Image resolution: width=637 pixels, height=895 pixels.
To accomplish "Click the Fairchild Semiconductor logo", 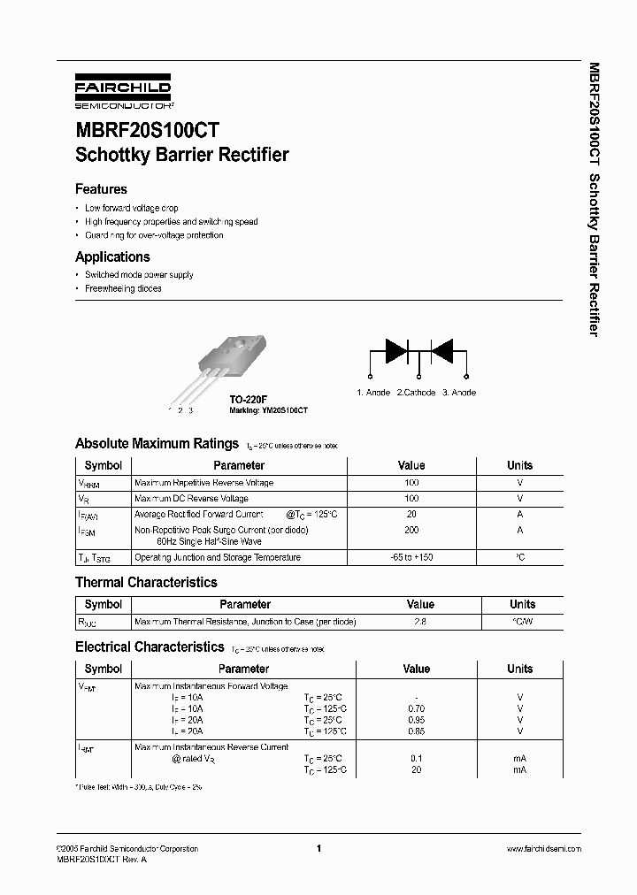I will tap(123, 92).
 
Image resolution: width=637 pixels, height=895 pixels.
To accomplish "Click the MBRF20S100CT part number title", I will tap(147, 129).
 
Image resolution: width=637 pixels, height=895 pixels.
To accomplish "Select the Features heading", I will tap(101, 189).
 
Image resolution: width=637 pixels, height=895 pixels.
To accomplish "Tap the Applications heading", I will tap(112, 257).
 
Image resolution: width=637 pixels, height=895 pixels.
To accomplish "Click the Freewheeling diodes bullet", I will tap(123, 289).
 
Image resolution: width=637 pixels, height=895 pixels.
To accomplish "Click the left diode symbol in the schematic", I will tap(396, 350).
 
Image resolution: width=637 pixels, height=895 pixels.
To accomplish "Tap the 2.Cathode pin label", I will tap(416, 393).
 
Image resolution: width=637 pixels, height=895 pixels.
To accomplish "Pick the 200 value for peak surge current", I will tap(411, 530).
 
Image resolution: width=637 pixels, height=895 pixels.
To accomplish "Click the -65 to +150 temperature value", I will tap(411, 558).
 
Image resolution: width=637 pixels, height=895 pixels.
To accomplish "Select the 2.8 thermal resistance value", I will tap(420, 622).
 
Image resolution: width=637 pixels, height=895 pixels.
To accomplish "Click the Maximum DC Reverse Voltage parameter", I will tap(191, 499).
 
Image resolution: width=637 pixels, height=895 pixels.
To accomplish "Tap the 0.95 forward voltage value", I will tap(416, 720).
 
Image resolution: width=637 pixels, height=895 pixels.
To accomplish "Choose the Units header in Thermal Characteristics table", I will tap(522, 605).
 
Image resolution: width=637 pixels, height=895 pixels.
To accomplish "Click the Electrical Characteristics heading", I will tap(150, 647).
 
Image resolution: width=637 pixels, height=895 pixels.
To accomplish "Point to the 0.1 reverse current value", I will tap(416, 759).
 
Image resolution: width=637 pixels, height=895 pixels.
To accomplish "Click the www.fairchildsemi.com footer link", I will tap(543, 848).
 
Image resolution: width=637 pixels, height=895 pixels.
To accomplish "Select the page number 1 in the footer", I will tap(318, 848).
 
